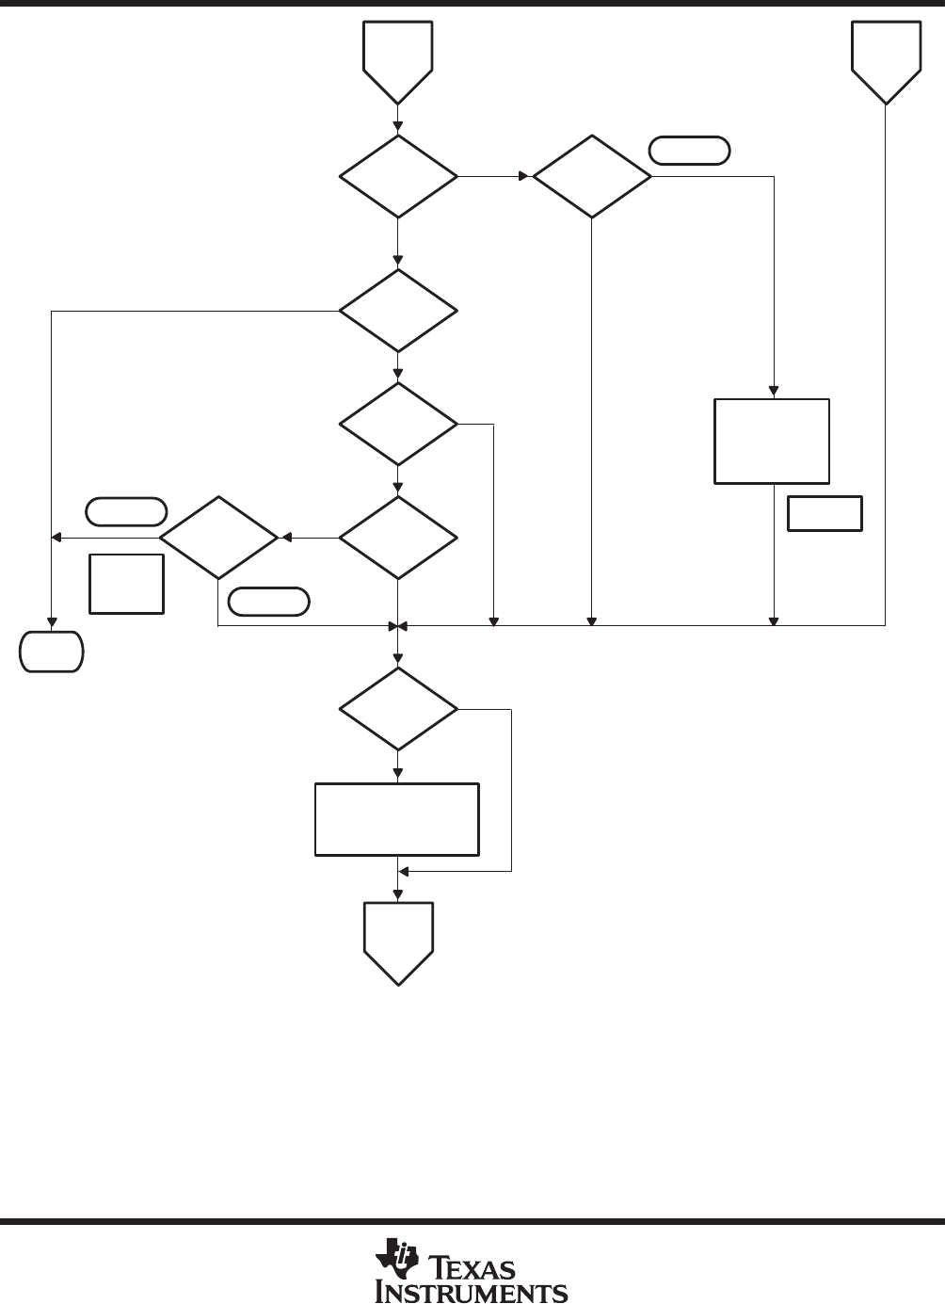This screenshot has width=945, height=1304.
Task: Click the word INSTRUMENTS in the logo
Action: (472, 1291)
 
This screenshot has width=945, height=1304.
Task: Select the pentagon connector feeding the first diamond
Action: (398, 59)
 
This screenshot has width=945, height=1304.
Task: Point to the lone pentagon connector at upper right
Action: (886, 59)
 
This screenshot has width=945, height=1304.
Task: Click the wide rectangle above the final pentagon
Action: (397, 819)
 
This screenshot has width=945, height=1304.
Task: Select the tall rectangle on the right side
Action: (772, 442)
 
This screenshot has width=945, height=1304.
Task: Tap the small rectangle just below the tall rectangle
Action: (825, 512)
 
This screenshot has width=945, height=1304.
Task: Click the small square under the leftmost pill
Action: (127, 584)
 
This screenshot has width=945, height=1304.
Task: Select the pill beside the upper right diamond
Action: (690, 151)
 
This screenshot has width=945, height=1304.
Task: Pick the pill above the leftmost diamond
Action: (126, 511)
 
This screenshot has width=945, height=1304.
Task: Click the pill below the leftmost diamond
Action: (269, 602)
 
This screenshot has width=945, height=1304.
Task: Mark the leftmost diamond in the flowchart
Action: (219, 538)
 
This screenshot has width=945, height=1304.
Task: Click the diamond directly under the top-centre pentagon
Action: (398, 176)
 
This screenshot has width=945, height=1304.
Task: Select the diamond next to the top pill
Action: (592, 176)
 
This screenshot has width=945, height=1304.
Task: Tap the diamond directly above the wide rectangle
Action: (398, 709)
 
